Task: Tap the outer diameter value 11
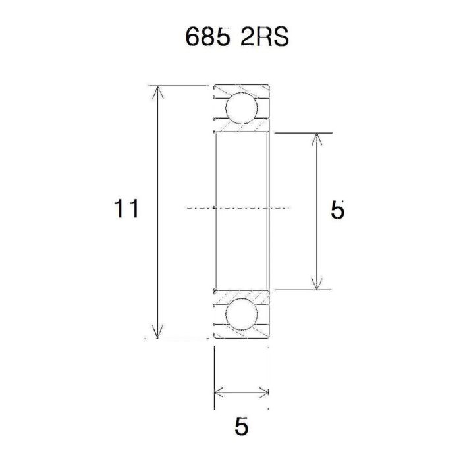point(126,209)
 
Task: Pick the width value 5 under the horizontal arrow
point(242,426)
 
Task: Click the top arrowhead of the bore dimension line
point(318,138)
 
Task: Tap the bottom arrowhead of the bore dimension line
point(318,284)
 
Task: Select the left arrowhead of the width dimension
point(219,393)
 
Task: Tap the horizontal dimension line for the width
point(242,393)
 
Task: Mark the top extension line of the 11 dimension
point(184,86)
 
